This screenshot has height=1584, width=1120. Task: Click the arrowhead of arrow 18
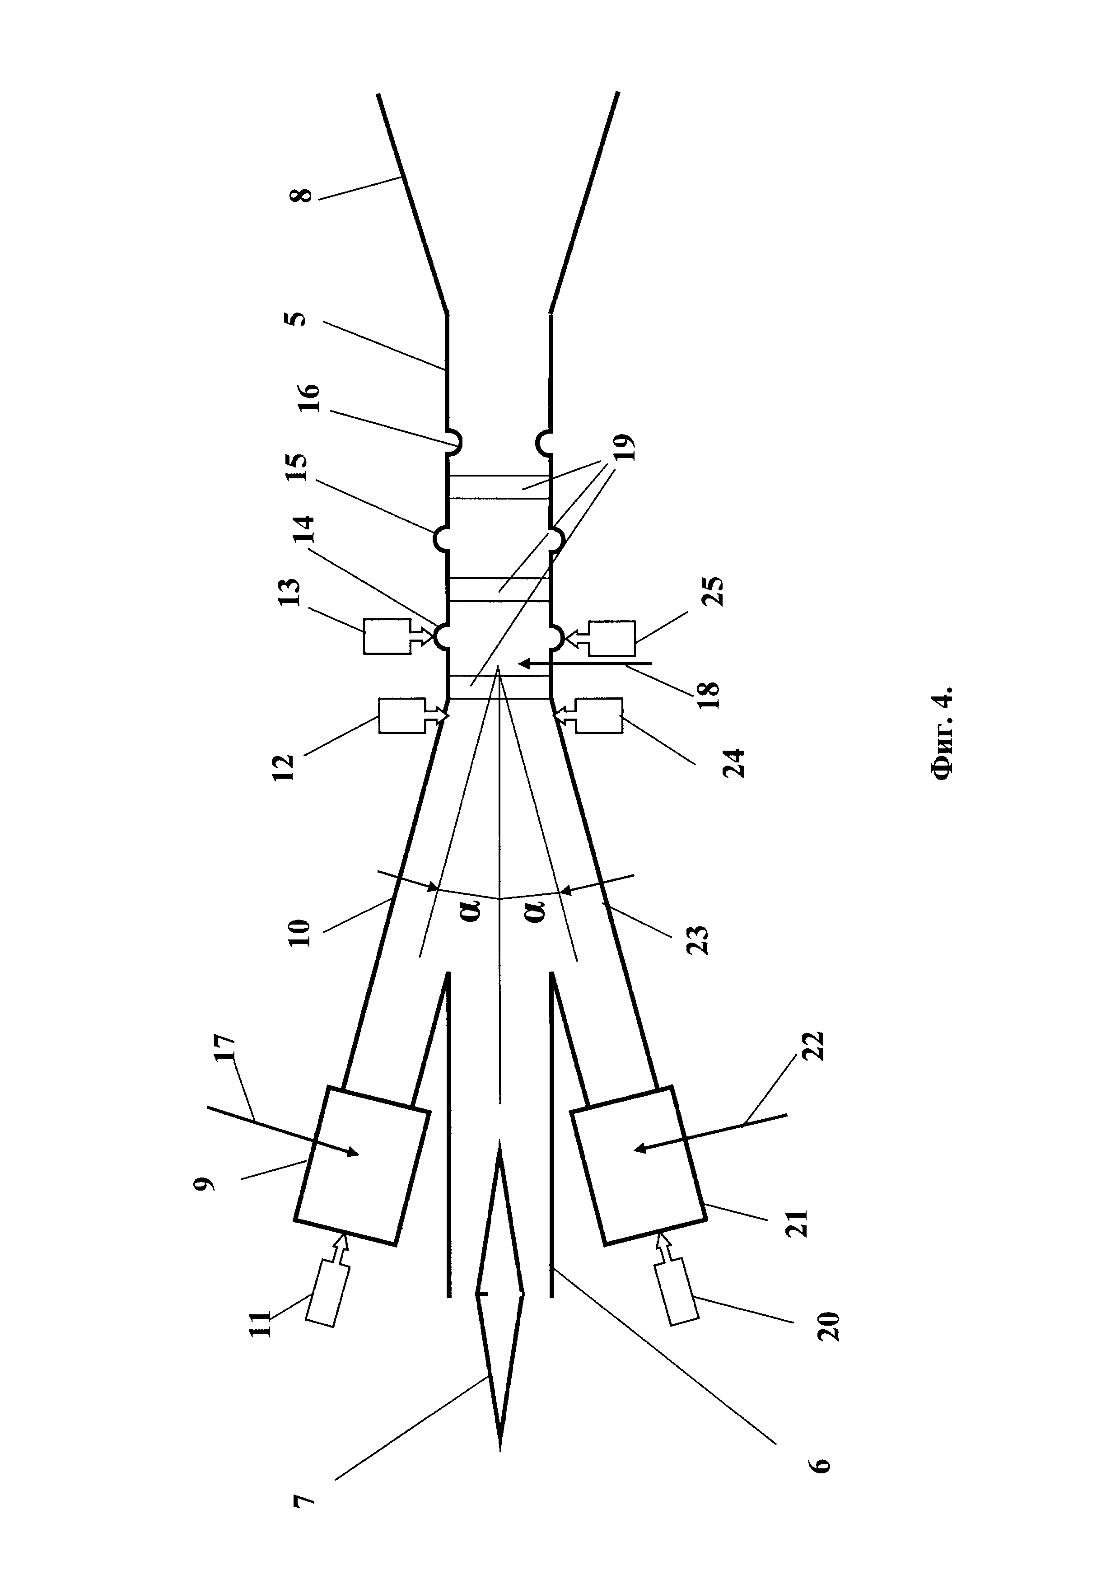524,664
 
